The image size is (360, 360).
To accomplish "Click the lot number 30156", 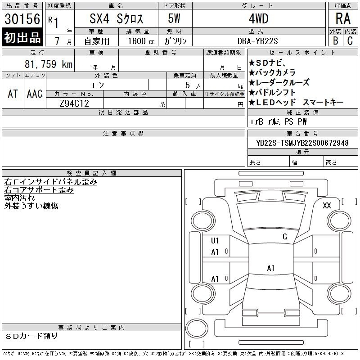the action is (x=22, y=19).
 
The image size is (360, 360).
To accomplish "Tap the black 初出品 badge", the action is (x=22, y=37).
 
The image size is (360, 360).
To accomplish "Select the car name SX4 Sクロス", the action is (x=116, y=18).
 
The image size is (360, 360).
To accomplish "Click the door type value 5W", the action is (x=174, y=18).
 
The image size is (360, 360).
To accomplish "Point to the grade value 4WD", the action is (x=258, y=18).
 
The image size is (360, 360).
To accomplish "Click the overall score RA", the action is (x=343, y=18).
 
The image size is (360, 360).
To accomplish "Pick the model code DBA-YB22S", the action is (x=257, y=41).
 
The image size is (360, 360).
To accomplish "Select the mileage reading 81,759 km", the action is (x=49, y=64).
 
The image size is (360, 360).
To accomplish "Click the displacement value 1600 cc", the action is (x=141, y=41).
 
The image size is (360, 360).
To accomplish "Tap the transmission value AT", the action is (x=13, y=94).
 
